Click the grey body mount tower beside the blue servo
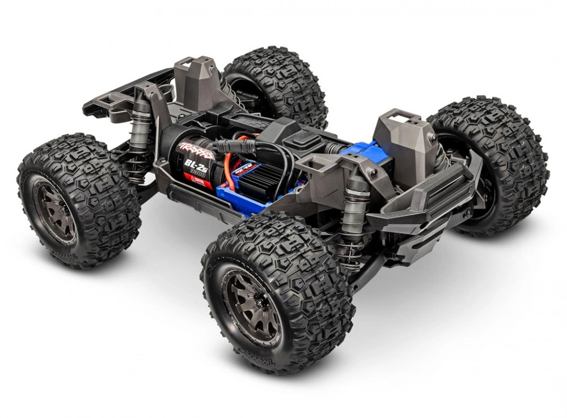403,136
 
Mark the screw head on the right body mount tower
433,138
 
